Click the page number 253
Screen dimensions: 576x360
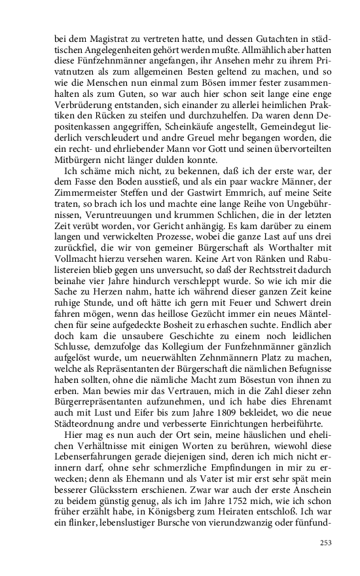pyautogui.click(x=326, y=542)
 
